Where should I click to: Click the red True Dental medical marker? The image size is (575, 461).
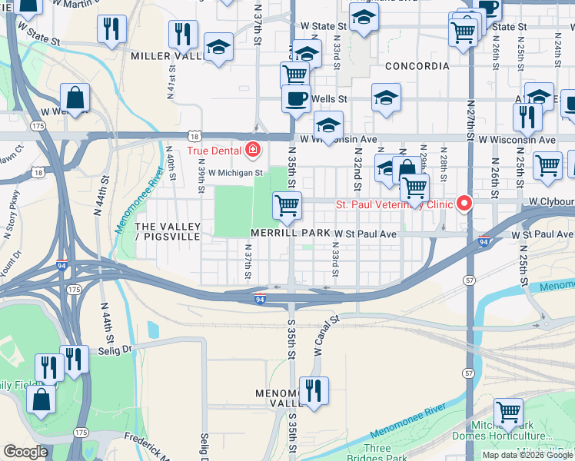pos(252,149)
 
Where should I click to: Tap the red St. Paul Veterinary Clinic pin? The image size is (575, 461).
pos(464,204)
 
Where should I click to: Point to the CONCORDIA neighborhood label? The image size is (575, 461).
pos(417,66)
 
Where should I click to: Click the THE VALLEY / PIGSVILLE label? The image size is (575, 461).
pos(168,231)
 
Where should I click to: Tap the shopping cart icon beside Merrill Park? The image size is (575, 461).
pos(287,205)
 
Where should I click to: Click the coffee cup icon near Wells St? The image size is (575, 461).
pos(295,99)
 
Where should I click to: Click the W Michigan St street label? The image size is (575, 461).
pos(235,173)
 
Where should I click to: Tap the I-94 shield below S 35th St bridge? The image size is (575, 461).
pos(261,299)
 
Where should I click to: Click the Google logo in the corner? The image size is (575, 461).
pos(26,452)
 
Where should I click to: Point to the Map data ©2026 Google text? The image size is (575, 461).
pos(527,455)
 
